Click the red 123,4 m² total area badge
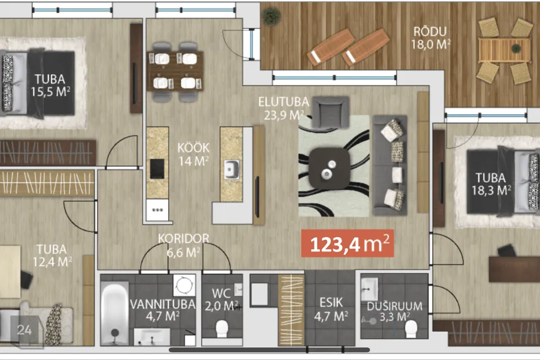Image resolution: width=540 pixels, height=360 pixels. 348,244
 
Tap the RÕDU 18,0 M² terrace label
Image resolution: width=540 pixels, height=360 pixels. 430,38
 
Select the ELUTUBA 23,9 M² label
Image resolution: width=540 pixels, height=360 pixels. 283,109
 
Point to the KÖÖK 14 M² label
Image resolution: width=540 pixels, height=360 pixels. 193,154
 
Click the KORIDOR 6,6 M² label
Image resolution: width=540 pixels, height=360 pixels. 183,245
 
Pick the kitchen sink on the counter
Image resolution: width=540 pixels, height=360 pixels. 232,169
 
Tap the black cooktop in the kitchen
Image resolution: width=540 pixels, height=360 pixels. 157,169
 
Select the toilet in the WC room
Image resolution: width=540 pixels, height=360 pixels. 222,328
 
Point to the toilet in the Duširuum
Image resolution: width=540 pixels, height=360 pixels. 411,328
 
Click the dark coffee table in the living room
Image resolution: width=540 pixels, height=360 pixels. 329,168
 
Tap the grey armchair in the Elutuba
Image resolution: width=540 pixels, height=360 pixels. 331,112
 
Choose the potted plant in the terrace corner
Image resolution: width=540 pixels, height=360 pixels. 271,16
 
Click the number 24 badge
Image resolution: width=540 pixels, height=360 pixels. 24,330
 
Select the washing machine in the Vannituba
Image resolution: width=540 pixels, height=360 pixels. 184,285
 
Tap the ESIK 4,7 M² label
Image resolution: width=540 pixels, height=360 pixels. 331,309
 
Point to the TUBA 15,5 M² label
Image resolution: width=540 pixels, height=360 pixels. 50,85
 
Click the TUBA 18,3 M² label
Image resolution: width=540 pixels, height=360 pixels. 491,184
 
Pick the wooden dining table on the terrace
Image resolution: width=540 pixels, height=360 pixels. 505,50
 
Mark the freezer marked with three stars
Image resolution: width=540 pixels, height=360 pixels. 157,210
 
